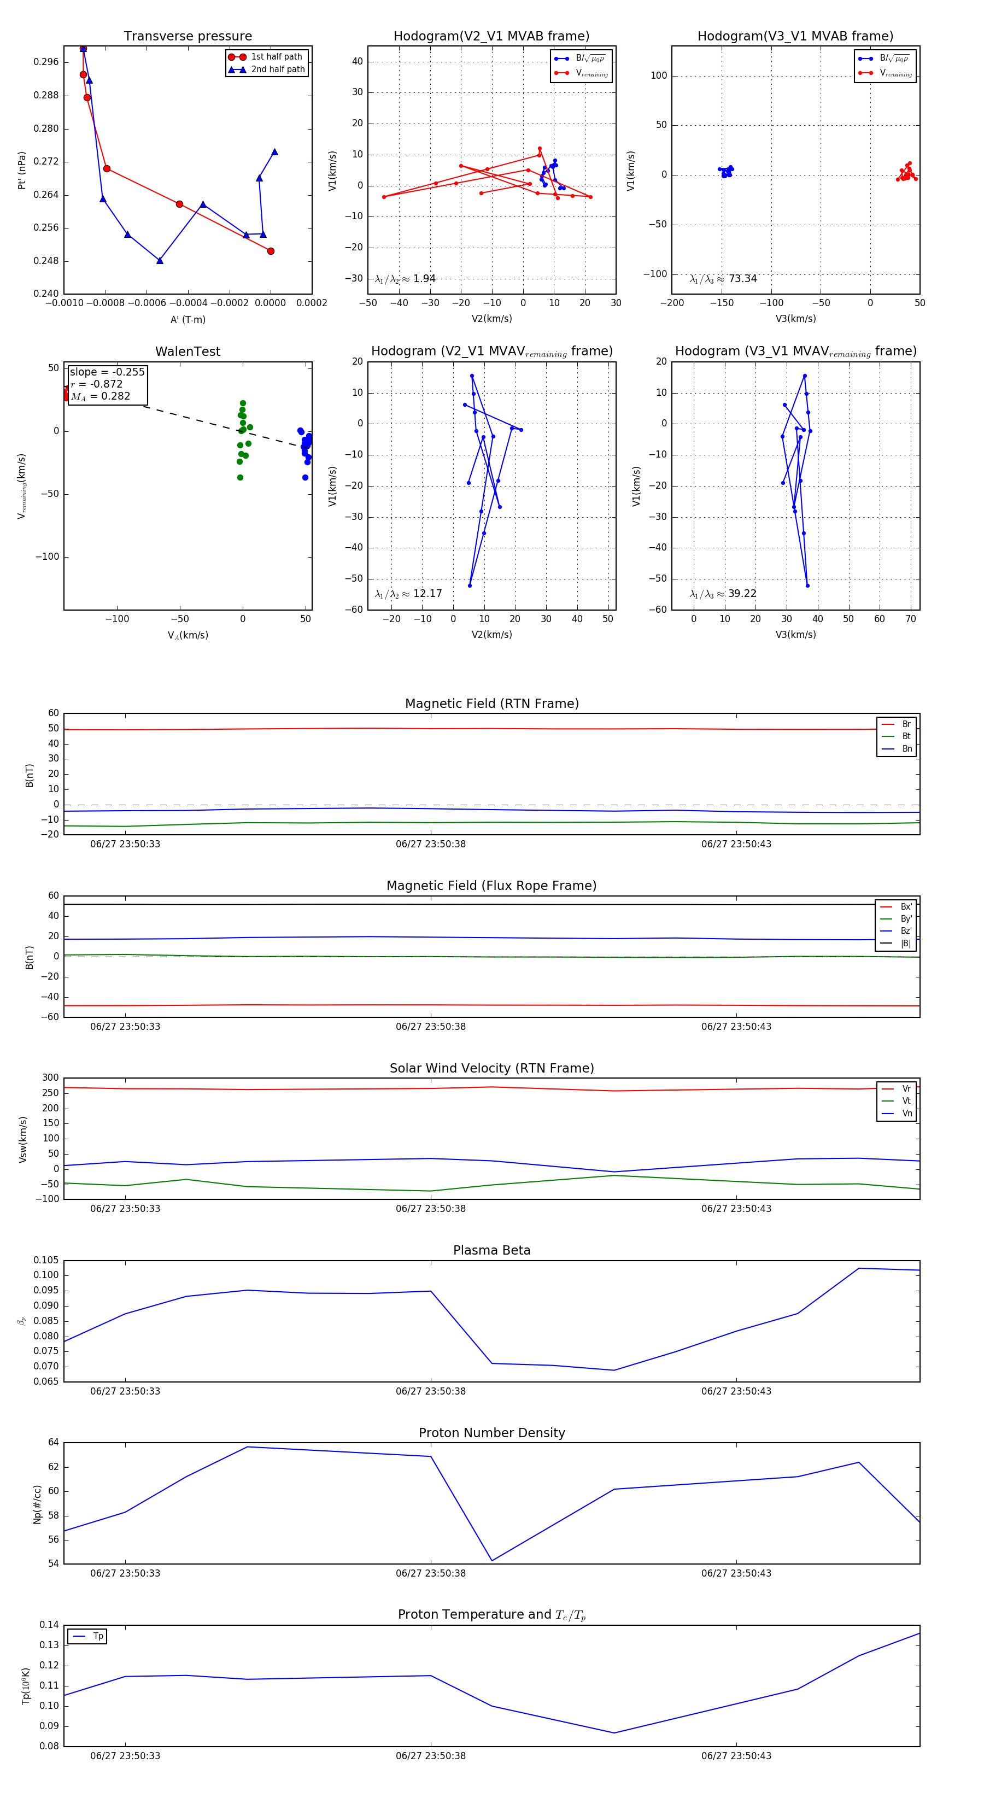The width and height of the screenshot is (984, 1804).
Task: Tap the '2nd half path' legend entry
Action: click(277, 69)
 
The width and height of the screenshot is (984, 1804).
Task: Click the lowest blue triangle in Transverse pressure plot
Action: click(160, 261)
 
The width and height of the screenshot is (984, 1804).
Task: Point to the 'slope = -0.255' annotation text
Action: click(107, 372)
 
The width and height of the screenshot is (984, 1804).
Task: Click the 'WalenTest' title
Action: click(188, 352)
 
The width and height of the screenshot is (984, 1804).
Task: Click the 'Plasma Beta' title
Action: click(491, 1250)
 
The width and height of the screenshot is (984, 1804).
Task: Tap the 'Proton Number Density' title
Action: click(491, 1433)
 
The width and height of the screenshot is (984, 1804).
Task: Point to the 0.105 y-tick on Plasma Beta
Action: click(46, 1261)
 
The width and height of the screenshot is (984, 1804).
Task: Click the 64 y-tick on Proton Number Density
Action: click(53, 1443)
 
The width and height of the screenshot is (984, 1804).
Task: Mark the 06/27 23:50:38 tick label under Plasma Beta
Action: click(430, 1391)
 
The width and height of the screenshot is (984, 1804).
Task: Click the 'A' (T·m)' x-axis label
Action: click(188, 319)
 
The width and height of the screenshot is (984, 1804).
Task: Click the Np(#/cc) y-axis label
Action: click(37, 1503)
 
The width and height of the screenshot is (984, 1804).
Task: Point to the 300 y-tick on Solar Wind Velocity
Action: click(50, 1078)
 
